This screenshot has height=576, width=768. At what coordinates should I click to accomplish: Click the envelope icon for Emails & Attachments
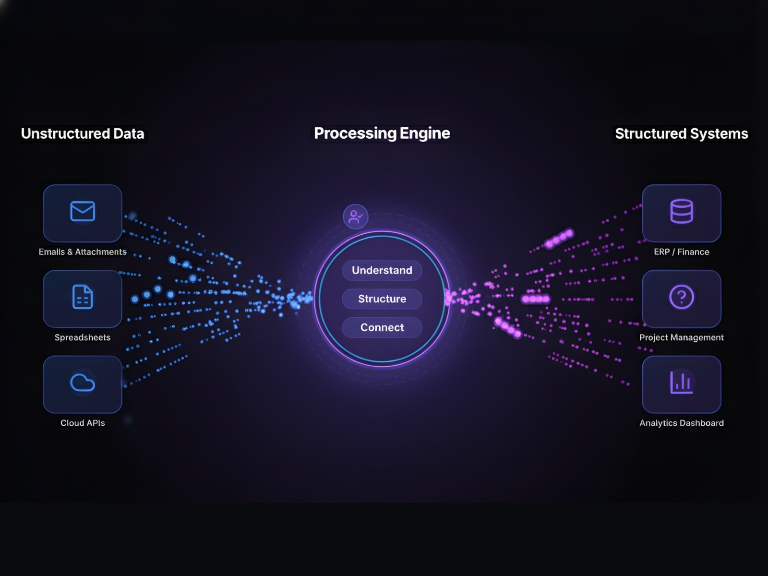point(83,211)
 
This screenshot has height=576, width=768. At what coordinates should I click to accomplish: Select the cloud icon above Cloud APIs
point(83,383)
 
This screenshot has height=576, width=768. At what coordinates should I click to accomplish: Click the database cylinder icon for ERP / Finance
point(682,211)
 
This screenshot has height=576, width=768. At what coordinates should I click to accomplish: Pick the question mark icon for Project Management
point(682,297)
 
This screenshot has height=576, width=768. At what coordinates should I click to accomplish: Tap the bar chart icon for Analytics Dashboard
point(682,383)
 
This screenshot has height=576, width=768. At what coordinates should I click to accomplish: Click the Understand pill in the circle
point(382,270)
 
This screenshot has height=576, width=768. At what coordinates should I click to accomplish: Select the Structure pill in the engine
point(382,299)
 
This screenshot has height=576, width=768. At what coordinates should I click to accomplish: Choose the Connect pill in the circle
point(382,327)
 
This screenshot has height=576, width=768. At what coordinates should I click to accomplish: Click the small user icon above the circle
point(356,216)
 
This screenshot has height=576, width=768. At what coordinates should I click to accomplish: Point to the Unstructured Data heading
point(83,133)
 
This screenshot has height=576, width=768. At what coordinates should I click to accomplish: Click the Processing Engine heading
point(382,133)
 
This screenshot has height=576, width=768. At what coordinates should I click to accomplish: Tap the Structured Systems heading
point(682,133)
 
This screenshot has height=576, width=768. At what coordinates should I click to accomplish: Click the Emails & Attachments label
point(83,252)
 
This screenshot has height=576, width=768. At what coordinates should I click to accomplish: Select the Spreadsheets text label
point(83,337)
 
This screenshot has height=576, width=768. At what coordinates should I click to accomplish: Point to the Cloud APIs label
point(83,423)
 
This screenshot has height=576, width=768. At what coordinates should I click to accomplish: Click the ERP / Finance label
point(682,252)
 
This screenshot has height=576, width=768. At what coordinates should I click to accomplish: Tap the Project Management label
point(682,337)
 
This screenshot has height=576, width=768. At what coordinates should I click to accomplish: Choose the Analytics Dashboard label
point(682,423)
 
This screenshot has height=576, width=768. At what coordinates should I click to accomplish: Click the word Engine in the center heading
point(425,133)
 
